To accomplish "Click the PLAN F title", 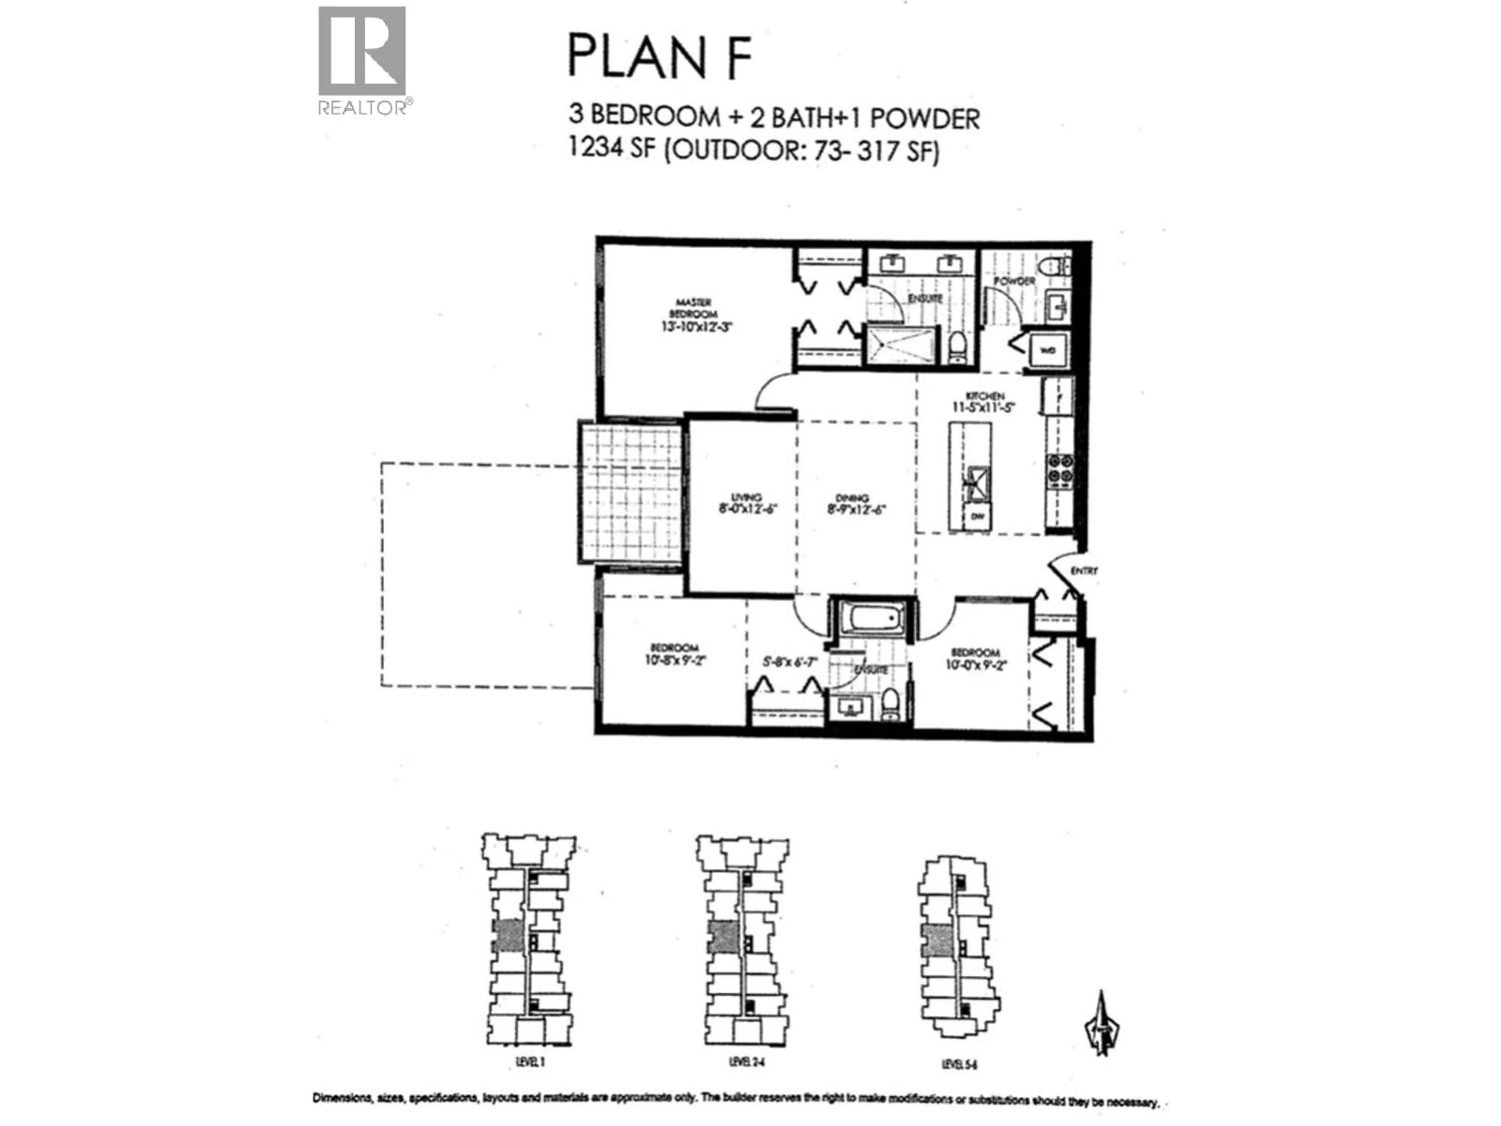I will click(x=659, y=58).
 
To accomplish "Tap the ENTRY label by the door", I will click(x=1083, y=571).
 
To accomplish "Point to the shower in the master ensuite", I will click(x=901, y=346).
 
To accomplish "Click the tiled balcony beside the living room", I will click(x=631, y=492).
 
